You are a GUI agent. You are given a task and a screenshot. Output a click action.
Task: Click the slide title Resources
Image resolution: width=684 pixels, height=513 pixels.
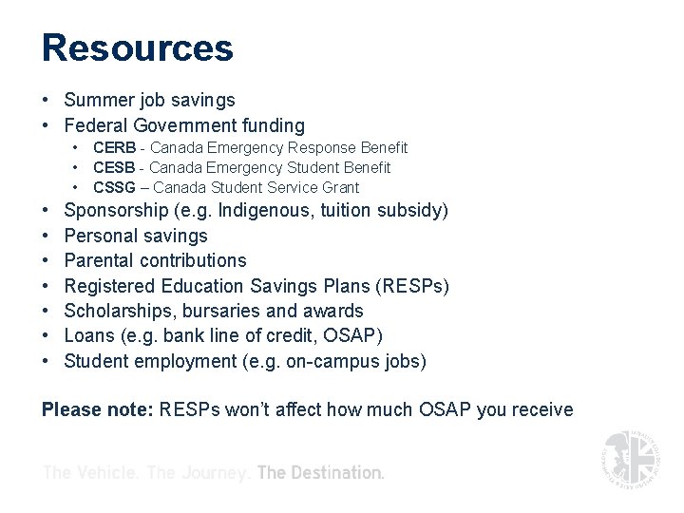pos(137,48)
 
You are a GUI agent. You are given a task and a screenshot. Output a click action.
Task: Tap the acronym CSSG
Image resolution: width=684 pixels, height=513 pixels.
pos(114,187)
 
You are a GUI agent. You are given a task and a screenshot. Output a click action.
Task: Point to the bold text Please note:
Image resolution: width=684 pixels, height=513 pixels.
pos(97,410)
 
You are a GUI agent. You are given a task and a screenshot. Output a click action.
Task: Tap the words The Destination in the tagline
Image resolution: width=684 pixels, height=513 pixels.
pos(320,472)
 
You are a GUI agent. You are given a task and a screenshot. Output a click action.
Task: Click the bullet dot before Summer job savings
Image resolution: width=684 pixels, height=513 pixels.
pos(47,101)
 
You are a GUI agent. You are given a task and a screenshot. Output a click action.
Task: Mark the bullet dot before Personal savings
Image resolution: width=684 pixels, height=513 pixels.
pos(47,236)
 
